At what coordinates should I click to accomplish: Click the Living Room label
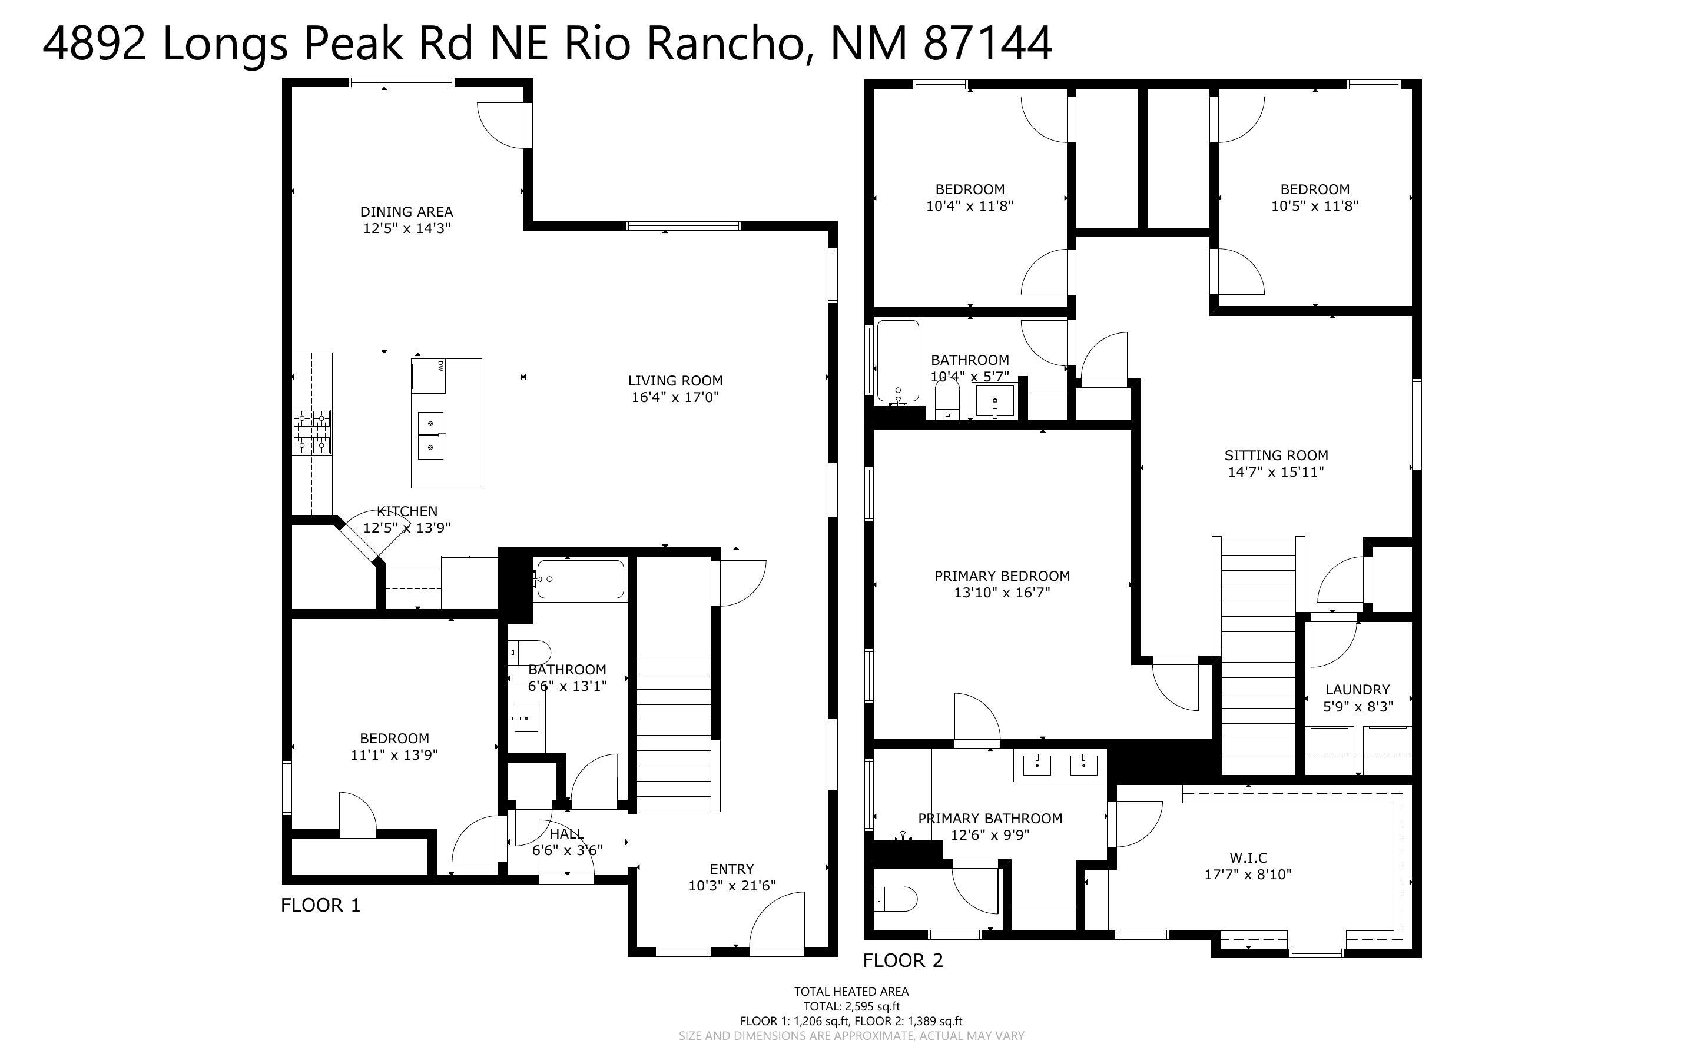click(675, 381)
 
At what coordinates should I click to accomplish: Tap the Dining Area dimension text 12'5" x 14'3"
click(406, 228)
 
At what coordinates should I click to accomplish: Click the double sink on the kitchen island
click(431, 435)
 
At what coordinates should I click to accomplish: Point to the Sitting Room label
click(1275, 455)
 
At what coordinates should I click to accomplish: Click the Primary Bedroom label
click(1002, 576)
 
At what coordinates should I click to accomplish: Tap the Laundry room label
click(1357, 690)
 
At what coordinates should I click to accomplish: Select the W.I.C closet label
click(1248, 858)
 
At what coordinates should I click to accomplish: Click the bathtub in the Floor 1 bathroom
click(579, 579)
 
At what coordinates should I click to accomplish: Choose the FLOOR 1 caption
click(320, 905)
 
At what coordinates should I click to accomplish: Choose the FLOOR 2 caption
click(902, 960)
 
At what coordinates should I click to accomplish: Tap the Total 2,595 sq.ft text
click(851, 1006)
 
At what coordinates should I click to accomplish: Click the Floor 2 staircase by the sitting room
click(1258, 654)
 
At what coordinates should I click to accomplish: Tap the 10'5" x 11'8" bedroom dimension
click(1314, 206)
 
